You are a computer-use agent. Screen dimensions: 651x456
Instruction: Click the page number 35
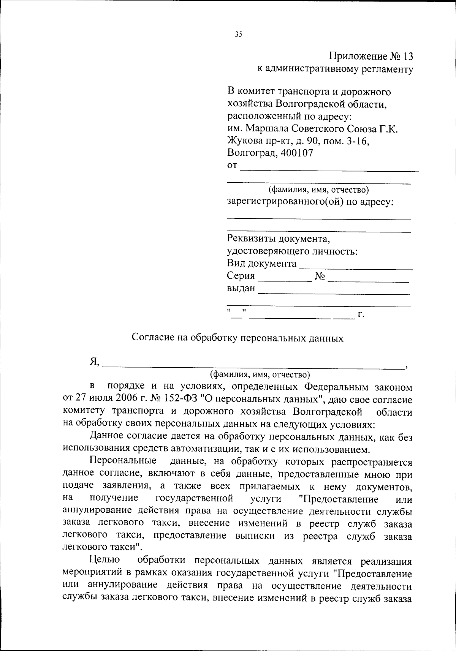[238, 35]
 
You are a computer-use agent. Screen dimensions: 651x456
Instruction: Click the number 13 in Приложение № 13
[406, 57]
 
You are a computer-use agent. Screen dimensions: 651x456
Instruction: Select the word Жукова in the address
[243, 141]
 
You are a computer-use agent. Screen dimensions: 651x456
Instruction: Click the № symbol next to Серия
[320, 277]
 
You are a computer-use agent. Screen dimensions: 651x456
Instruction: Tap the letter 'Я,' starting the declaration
[94, 362]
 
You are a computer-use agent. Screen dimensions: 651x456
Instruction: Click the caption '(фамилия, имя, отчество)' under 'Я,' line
[260, 375]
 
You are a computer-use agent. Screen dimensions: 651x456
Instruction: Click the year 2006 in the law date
[125, 400]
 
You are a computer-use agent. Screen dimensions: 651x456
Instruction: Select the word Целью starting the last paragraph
[104, 560]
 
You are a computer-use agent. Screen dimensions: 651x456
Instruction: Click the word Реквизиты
[251, 239]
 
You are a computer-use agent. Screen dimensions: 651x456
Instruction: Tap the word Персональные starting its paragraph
[123, 461]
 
